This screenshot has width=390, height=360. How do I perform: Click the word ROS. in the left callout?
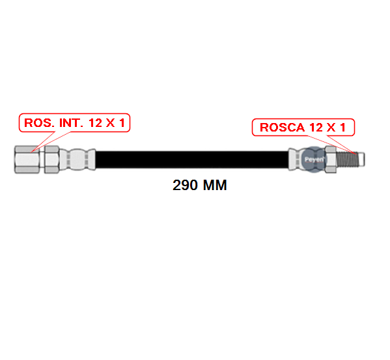(x=39, y=123)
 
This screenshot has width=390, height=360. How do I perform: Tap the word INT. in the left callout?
(x=71, y=123)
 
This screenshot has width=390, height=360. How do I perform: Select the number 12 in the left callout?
(x=95, y=123)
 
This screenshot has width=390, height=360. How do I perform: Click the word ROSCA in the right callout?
(x=283, y=128)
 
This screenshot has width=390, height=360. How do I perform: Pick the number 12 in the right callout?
(x=316, y=128)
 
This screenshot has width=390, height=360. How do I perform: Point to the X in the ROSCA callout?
(x=331, y=128)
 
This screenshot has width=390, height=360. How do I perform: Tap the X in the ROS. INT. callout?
(x=110, y=123)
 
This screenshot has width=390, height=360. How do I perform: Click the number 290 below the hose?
(x=185, y=186)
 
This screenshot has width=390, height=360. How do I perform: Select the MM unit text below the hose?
(x=215, y=186)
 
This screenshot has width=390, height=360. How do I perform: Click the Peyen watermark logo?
(x=314, y=159)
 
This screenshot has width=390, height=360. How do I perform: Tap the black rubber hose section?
(x=192, y=159)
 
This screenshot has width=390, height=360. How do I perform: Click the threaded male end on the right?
(x=347, y=159)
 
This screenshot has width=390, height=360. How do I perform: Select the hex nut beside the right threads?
(x=331, y=159)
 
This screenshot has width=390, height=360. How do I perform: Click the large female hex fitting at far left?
(x=27, y=159)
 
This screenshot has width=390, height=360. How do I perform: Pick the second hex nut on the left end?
(x=51, y=159)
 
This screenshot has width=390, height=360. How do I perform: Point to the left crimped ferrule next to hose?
(x=77, y=159)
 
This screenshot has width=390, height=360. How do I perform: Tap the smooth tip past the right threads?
(x=361, y=159)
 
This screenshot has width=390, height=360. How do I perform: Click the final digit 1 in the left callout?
(x=122, y=123)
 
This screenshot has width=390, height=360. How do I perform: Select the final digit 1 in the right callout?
(x=342, y=128)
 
